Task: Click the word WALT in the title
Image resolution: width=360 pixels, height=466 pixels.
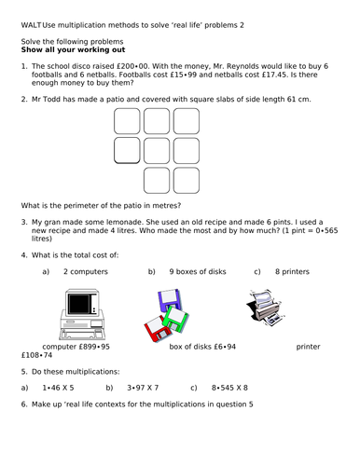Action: coord(31,25)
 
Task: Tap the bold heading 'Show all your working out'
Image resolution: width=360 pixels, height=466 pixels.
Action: coord(73,49)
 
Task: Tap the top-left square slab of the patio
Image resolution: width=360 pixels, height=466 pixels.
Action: coord(127,121)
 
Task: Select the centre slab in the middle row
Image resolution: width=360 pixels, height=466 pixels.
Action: coord(157,151)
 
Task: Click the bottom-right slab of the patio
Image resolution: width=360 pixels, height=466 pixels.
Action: coord(187,181)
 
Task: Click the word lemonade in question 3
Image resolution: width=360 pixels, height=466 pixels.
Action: coord(124,222)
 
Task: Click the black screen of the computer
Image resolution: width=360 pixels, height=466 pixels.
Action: coord(79,304)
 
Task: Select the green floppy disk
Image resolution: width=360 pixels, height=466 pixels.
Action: coord(175,319)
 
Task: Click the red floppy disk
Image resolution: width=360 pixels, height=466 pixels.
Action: coord(158,329)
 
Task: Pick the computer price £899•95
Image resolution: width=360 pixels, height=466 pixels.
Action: coord(94,347)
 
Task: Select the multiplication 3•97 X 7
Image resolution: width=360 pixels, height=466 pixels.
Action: coord(143,388)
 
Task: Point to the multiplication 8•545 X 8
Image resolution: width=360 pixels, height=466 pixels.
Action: coord(229,388)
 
